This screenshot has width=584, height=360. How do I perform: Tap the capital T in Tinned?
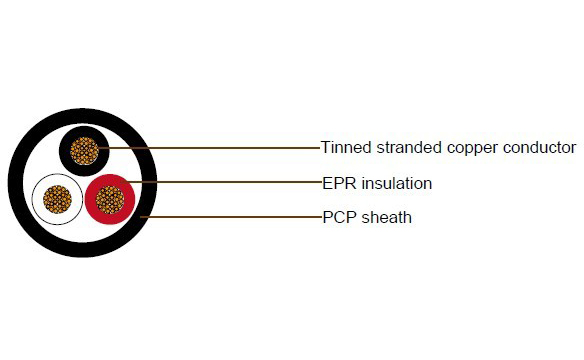tap(326, 148)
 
